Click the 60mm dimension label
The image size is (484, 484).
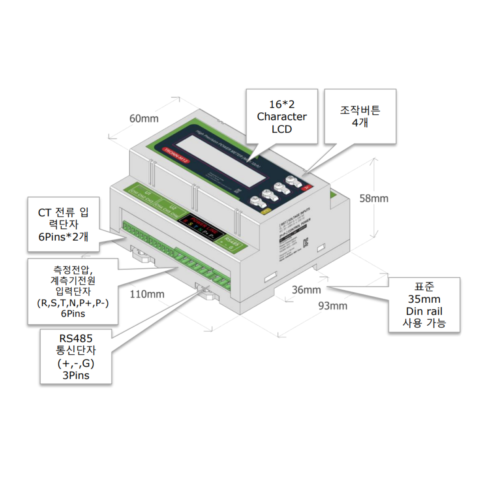point(144,118)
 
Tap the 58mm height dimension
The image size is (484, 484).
point(374,198)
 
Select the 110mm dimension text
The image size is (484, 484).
point(147,294)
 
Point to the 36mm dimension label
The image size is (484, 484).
point(306,290)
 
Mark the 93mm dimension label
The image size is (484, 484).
point(333,306)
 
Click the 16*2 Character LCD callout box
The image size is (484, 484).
point(282,116)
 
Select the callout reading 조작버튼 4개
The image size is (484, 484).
point(360,116)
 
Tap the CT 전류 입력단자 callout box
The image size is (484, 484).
point(63,224)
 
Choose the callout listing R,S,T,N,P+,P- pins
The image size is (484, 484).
point(73,291)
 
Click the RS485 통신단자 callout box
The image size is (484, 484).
point(76,357)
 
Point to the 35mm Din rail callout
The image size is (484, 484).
point(424,305)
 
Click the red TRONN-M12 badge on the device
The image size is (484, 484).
point(177,156)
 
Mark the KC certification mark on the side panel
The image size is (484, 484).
point(305,243)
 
